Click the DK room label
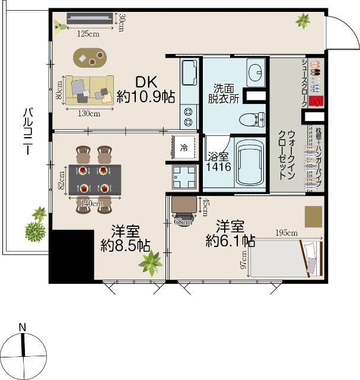pos(146,82)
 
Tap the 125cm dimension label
pos(88,34)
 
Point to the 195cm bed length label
pos(286,233)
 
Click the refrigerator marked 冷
pos(184,147)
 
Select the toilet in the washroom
pos(252,119)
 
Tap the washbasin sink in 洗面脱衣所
pos(256,72)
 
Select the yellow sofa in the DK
pos(90,90)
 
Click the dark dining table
pos(95,179)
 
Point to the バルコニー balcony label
pos(28,131)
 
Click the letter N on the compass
pos(23,327)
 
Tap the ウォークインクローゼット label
pos(287,155)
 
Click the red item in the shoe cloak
pos(316,102)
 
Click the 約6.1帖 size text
pos(230,240)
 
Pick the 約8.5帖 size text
pos(125,245)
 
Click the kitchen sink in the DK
pos(189,73)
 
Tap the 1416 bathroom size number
pos(218,167)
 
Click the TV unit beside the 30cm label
pos(90,18)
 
